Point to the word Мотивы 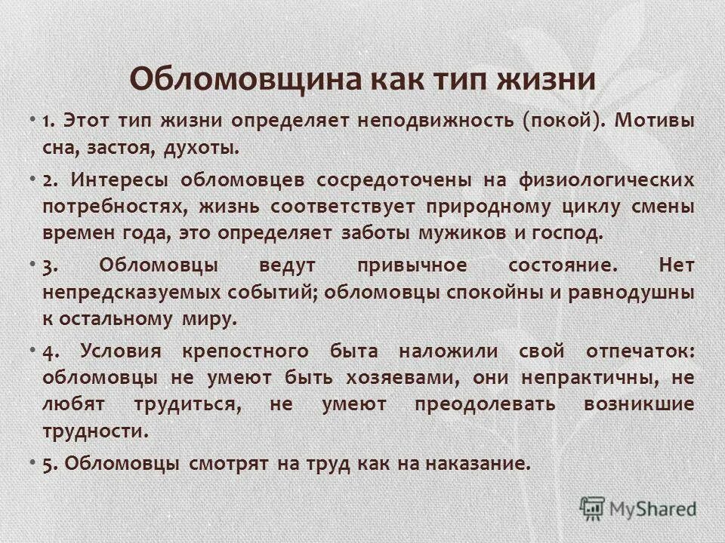coord(654,121)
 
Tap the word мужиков coord(463,232)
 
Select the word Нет coord(676,266)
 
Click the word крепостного coord(245,351)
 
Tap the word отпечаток coord(639,351)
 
